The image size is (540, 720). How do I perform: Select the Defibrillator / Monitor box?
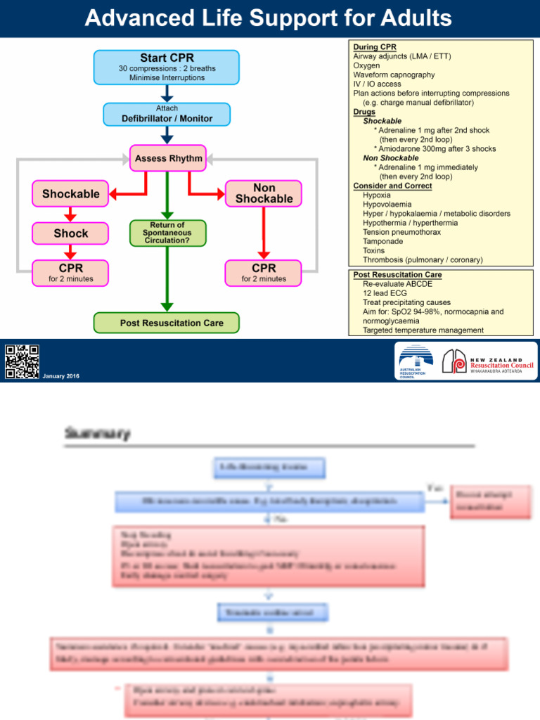[167, 115]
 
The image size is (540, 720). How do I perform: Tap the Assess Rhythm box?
[168, 158]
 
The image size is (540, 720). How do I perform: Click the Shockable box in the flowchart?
[70, 193]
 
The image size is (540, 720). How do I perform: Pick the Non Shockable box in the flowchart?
[264, 193]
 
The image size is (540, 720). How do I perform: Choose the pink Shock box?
[70, 233]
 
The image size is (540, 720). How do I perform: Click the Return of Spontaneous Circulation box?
[168, 233]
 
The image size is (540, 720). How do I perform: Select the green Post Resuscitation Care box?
[167, 323]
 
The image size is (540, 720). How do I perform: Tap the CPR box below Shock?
[70, 272]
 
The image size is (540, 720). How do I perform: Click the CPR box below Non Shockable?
[264, 272]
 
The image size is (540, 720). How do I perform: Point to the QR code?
[22, 361]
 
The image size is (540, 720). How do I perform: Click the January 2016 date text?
[61, 376]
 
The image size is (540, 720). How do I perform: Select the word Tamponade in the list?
[383, 241]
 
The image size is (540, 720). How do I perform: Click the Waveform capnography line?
[394, 75]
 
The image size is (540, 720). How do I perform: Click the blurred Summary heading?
[98, 434]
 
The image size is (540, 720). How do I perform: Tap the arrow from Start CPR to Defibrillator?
[167, 93]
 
